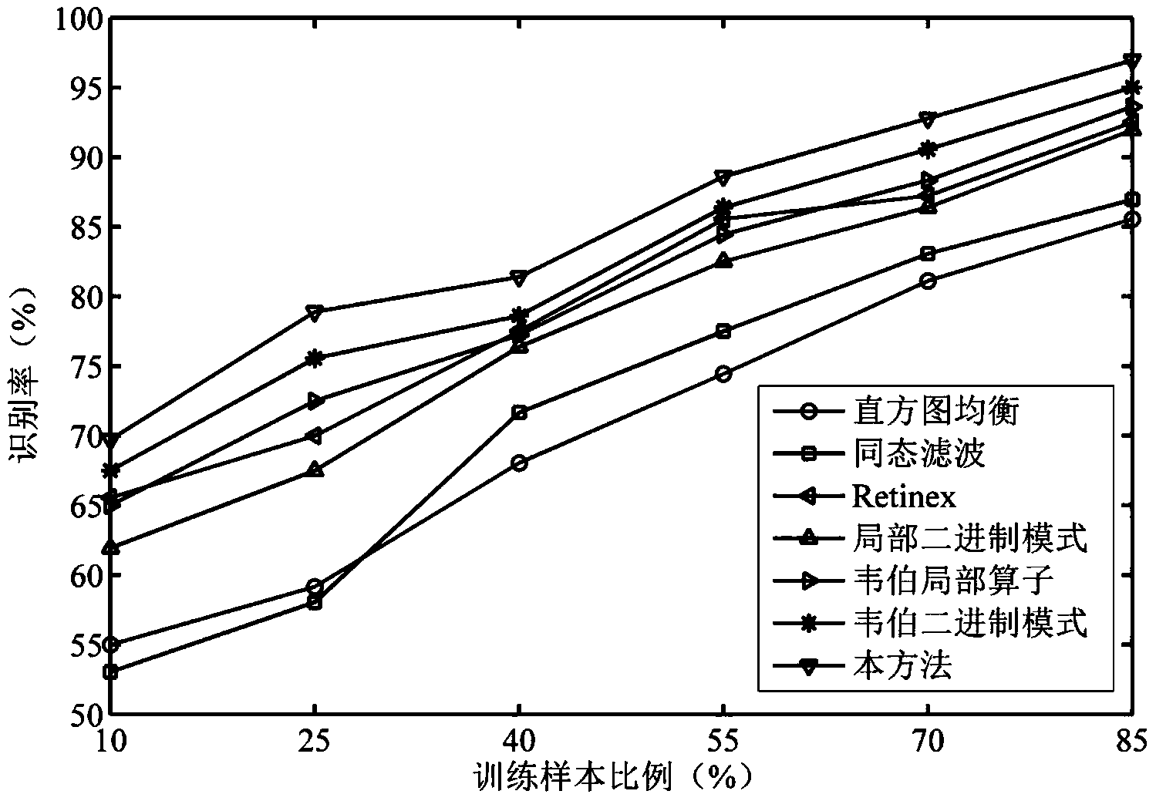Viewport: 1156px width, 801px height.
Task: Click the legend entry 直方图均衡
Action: (x=935, y=411)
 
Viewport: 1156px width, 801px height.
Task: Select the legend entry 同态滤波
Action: (x=918, y=453)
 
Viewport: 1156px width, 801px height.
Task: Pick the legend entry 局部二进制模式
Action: (x=969, y=538)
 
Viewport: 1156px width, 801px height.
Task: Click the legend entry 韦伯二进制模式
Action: (x=969, y=623)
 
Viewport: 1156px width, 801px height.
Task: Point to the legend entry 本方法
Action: (x=902, y=665)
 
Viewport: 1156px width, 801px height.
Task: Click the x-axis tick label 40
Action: (x=519, y=742)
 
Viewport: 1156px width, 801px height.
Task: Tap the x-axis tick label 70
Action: (x=928, y=742)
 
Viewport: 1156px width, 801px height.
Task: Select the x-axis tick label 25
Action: (x=315, y=742)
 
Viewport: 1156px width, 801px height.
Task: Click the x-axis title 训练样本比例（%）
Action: (x=613, y=779)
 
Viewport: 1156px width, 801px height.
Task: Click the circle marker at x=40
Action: (x=519, y=463)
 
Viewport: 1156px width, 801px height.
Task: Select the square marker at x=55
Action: (x=723, y=332)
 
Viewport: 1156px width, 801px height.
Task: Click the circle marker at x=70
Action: (x=928, y=281)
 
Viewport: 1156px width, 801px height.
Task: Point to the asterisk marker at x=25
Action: (x=315, y=358)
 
